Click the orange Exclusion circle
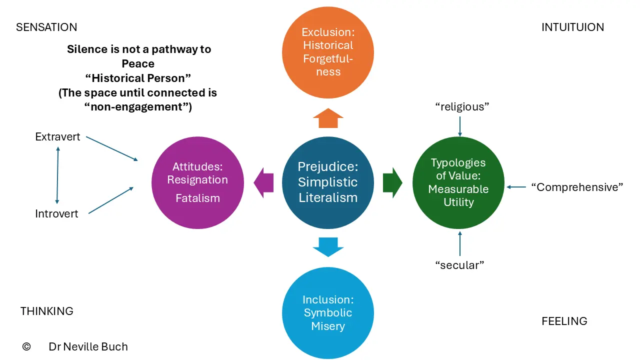point(328,52)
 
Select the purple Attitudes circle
point(197,182)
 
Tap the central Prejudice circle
point(328,182)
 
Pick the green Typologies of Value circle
point(458,182)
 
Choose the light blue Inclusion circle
point(328,313)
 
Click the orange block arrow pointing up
point(328,118)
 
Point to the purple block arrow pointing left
point(263,183)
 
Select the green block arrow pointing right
point(393,183)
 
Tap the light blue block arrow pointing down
point(328,247)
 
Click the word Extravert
point(57,137)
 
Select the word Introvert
point(56,213)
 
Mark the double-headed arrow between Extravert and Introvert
point(57,175)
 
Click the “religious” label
point(462,107)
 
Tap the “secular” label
point(459,265)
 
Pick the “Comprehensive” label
point(577,187)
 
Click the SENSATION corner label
point(46,27)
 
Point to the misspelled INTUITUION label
point(573,27)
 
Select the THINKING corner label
point(47,311)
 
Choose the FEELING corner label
point(564,321)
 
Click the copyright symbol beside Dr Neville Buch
point(26,346)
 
